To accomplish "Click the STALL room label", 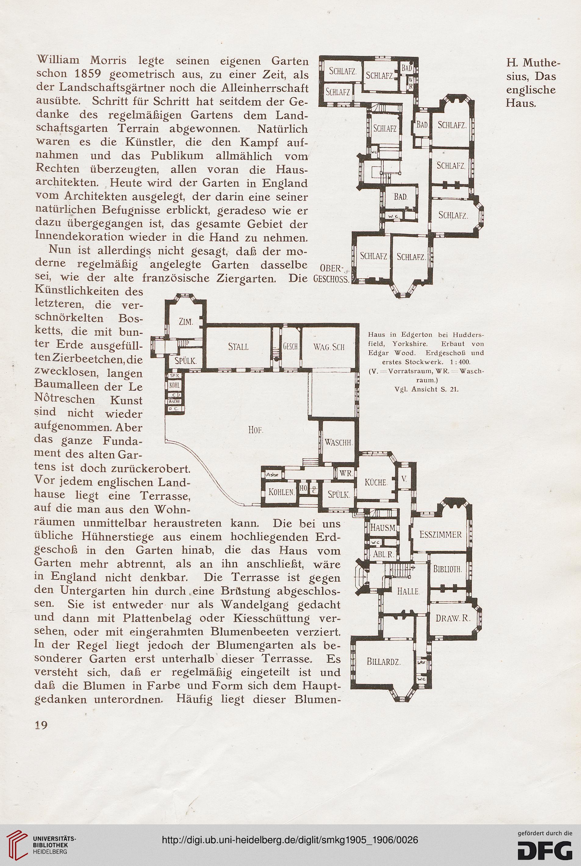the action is [238, 347].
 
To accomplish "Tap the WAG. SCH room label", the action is [329, 347].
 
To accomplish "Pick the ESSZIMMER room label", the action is [441, 535].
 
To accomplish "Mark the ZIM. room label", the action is [186, 322].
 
